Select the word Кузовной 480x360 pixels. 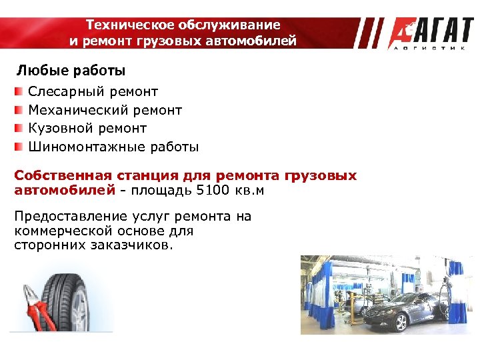[x=59, y=128]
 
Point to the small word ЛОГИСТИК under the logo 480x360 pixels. [x=430, y=48]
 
